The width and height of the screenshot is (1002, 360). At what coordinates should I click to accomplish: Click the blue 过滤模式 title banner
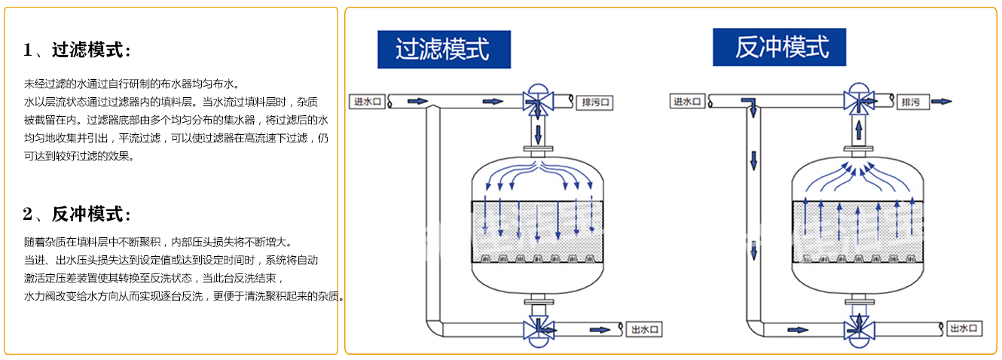coord(444,50)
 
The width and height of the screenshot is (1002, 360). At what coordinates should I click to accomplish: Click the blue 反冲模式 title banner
coord(781,47)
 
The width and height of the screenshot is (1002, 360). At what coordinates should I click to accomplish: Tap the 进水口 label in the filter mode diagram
coord(368,101)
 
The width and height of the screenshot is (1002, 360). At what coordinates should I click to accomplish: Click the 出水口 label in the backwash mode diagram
coord(964,328)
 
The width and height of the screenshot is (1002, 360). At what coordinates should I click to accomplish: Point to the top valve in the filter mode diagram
coord(538,99)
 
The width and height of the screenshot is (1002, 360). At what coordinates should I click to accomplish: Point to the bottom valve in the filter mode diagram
coord(538,330)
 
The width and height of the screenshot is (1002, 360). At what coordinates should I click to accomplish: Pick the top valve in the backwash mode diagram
coord(857,99)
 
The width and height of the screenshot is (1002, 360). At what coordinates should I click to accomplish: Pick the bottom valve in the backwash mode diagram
coord(857,330)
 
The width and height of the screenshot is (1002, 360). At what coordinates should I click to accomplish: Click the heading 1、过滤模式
coord(77,50)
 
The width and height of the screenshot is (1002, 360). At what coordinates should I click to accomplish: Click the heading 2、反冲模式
coord(77,215)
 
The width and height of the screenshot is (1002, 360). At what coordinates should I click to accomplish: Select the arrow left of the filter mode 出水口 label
coord(599,329)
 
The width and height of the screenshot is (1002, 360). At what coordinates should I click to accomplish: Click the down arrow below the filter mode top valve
coord(538,134)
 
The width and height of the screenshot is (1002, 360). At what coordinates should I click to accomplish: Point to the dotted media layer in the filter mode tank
coord(537,231)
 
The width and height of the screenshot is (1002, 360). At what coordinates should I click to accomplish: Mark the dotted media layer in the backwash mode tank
coord(857,231)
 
